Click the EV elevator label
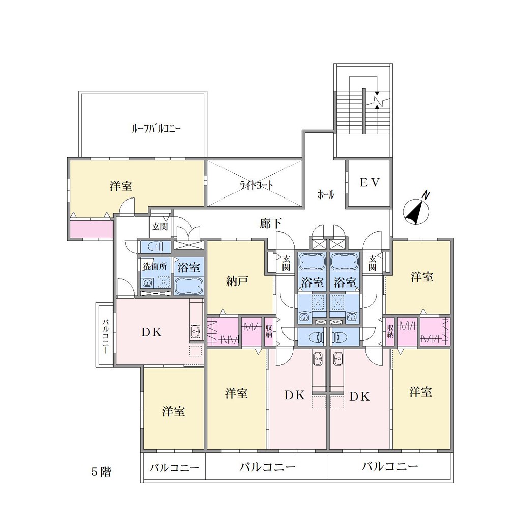click(x=370, y=182)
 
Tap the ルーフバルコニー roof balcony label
click(x=156, y=129)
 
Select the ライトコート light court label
click(x=256, y=185)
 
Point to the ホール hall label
click(x=326, y=195)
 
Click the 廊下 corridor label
click(x=270, y=223)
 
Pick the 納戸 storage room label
click(x=237, y=281)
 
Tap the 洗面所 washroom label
click(x=155, y=266)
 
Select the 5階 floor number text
click(x=101, y=472)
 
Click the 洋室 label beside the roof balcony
click(x=121, y=186)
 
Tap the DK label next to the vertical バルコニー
click(x=151, y=332)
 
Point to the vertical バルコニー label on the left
click(x=106, y=336)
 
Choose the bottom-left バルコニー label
click(x=174, y=468)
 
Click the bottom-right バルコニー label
click(x=390, y=466)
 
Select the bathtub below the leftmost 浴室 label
click(x=189, y=286)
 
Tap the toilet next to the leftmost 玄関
click(x=155, y=247)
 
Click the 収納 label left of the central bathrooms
click(x=268, y=331)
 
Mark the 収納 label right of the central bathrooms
click(x=390, y=331)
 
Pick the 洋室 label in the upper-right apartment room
click(x=422, y=277)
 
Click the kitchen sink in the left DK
click(x=195, y=332)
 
